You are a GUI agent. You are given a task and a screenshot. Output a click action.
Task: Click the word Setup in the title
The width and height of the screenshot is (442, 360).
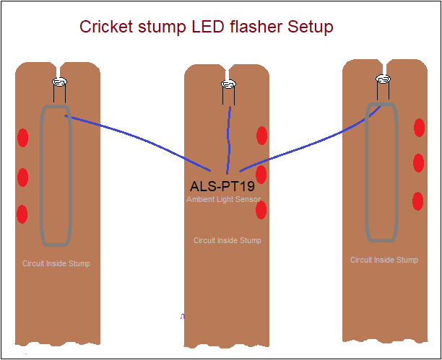point(310,27)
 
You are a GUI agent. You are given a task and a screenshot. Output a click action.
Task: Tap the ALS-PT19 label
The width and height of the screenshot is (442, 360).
point(222,186)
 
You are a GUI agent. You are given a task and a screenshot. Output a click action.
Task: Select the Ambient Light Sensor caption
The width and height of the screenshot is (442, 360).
point(223,199)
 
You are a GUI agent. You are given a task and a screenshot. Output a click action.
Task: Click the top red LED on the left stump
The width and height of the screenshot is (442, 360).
point(22,137)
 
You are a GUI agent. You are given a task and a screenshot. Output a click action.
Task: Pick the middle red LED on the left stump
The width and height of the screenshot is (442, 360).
point(22,177)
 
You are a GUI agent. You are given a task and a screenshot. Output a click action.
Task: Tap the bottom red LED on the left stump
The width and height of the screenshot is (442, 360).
point(22,214)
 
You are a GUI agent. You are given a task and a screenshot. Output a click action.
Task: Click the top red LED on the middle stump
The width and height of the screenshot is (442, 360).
point(261,135)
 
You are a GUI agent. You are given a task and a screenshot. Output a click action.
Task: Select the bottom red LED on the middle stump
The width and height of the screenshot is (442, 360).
point(261,210)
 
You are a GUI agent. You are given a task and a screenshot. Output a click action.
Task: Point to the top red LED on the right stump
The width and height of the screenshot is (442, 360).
point(419,128)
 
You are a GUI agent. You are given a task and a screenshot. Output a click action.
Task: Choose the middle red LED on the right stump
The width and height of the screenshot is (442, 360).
point(418,163)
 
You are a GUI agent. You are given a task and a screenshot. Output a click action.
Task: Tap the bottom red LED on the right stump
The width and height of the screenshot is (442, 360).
point(417,201)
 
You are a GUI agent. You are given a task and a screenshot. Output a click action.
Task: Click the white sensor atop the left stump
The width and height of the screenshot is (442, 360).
point(59,82)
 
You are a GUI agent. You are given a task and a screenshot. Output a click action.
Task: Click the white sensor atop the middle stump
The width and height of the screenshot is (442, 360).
point(228,85)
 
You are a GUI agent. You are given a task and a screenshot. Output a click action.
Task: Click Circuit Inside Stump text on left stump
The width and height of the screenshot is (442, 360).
point(56,264)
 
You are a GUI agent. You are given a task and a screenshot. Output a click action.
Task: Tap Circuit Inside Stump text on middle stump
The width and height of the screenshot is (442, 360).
point(227,241)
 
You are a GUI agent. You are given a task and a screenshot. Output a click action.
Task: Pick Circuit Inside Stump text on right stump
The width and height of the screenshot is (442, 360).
point(383,260)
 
